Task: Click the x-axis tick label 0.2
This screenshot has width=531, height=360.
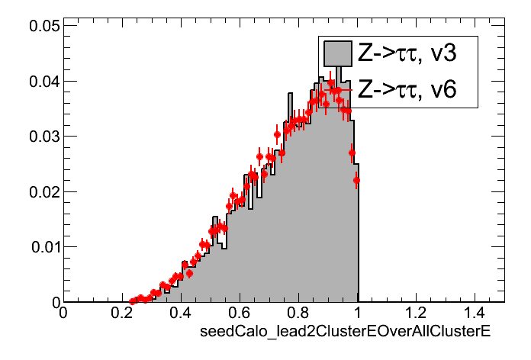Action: point(121,313)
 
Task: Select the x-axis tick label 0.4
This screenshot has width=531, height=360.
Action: point(180,313)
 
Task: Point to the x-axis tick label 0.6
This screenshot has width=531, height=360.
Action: point(239,313)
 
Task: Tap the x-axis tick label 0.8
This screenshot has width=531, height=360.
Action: point(298,313)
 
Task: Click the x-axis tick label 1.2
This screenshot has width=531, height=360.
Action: point(416,313)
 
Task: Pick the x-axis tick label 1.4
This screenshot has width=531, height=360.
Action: point(475,313)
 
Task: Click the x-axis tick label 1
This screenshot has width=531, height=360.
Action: point(357,313)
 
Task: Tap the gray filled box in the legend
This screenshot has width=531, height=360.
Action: point(336,53)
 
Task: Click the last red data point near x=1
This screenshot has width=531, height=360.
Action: point(356,181)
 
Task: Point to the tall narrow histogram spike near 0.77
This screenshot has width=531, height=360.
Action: point(289,99)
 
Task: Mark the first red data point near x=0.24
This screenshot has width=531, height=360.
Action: point(133,301)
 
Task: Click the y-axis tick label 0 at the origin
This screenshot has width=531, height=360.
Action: point(53,303)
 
